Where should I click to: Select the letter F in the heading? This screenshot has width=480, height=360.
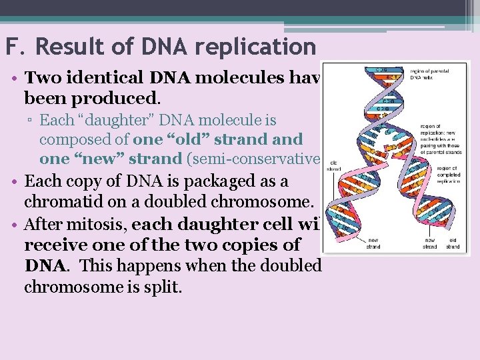[x=11, y=47]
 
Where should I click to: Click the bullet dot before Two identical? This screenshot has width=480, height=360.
[x=15, y=79]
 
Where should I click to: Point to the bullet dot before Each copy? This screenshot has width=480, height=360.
[x=15, y=182]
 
